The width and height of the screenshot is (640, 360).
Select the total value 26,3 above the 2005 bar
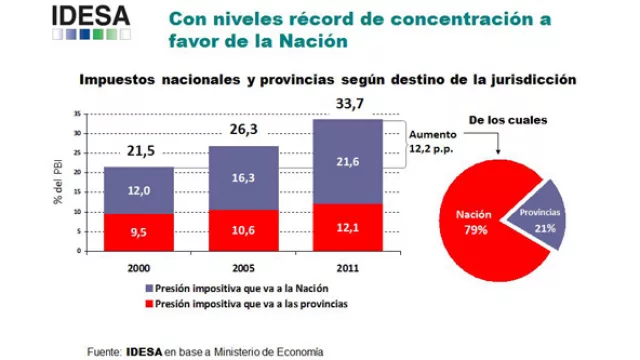coord(243,129)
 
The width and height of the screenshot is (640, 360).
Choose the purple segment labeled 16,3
coord(243,177)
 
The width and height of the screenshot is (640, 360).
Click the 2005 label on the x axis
coord(243,269)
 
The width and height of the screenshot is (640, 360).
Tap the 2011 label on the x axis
coord(348,269)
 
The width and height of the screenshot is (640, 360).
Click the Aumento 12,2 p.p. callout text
coord(431,140)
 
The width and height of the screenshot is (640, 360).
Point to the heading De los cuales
coord(512,119)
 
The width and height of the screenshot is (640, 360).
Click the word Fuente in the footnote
coord(104,351)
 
